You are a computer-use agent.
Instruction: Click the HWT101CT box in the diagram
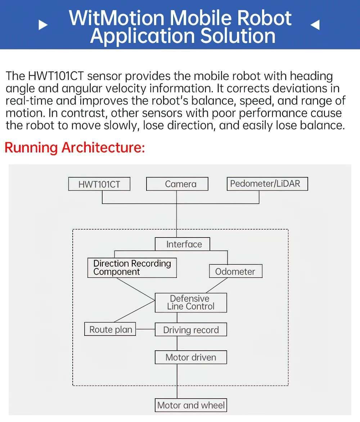99,184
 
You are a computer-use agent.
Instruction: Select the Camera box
177,184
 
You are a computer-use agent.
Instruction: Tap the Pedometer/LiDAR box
267,184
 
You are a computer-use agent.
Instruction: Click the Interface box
182,244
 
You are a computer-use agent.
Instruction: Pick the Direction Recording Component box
132,268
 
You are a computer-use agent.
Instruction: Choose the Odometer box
235,271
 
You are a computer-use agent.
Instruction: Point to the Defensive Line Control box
191,303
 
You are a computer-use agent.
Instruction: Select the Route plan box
110,329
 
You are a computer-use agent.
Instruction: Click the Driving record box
191,330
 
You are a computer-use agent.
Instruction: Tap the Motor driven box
191,357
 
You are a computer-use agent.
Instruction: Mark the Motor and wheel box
191,405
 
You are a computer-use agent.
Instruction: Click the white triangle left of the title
43,25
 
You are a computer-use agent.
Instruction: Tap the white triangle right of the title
315,25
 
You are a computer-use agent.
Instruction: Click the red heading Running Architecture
75,148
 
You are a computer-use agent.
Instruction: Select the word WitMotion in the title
117,18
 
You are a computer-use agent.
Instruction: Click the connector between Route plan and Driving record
145,329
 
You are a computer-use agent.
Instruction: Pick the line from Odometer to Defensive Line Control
216,285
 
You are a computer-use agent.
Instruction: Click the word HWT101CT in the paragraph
56,76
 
